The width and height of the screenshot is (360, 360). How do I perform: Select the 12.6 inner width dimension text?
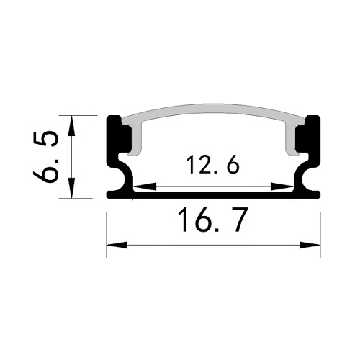tap(212, 166)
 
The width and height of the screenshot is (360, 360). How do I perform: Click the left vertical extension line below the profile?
tap(107, 230)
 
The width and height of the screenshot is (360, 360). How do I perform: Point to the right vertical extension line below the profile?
tap(320, 230)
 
